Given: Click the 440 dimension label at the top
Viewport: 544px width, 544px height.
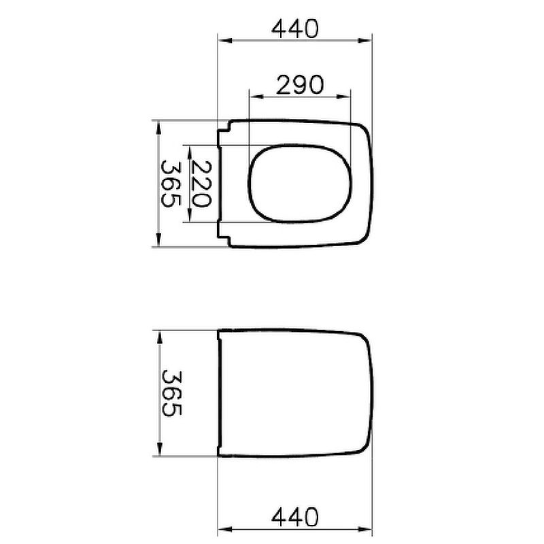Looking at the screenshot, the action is coord(294,29).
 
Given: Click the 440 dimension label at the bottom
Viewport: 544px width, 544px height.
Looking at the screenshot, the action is coord(294,517).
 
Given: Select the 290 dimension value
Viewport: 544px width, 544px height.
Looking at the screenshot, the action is coord(300,85).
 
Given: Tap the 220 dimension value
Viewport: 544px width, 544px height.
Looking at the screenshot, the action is coord(201,184).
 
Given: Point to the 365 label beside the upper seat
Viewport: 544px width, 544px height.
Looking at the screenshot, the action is coord(171,184).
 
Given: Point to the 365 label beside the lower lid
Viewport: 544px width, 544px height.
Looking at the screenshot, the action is coord(172,393).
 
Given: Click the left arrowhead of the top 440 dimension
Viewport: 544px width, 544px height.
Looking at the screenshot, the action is coord(225,41).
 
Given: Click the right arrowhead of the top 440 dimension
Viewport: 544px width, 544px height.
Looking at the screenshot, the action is coord(364,41).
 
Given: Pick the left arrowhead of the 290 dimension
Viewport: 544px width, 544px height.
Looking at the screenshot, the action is coord(256,97).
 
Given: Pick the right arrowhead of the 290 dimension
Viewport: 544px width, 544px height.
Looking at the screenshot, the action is coord(343,97).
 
